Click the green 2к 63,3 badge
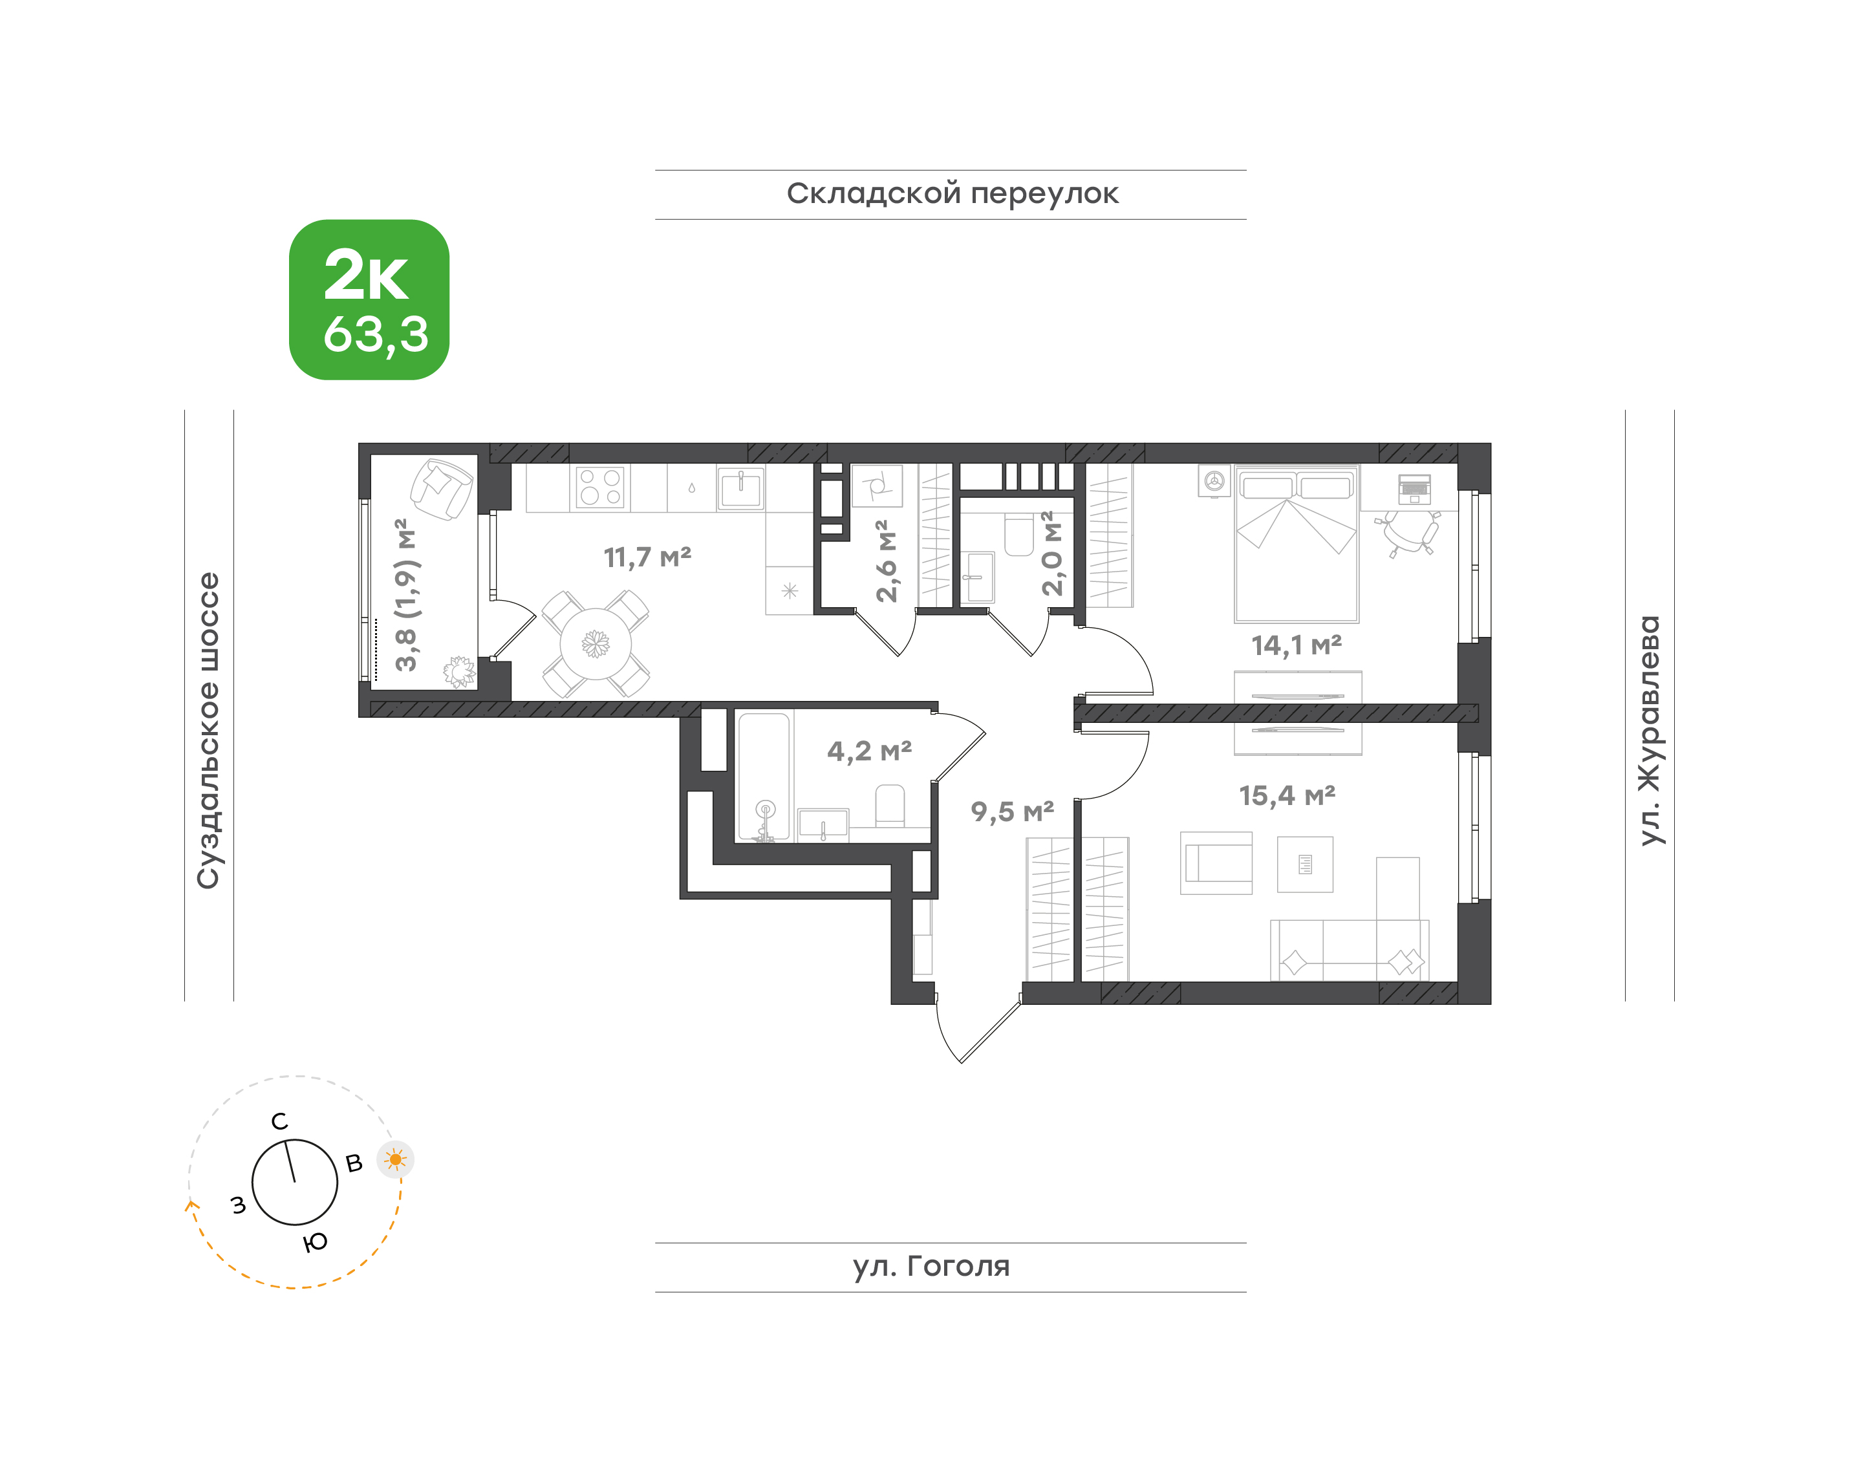point(369,299)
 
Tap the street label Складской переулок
point(952,194)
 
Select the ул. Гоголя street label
point(931,1266)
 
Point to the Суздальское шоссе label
point(209,731)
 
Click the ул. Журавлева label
point(1649,730)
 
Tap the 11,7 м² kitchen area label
point(647,558)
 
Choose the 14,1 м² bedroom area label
point(1297,645)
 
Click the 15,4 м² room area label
point(1287,796)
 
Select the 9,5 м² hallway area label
point(1012,812)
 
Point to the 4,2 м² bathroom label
point(869,751)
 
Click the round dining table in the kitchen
point(596,643)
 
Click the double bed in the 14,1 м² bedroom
point(1297,544)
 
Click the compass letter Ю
point(315,1242)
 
